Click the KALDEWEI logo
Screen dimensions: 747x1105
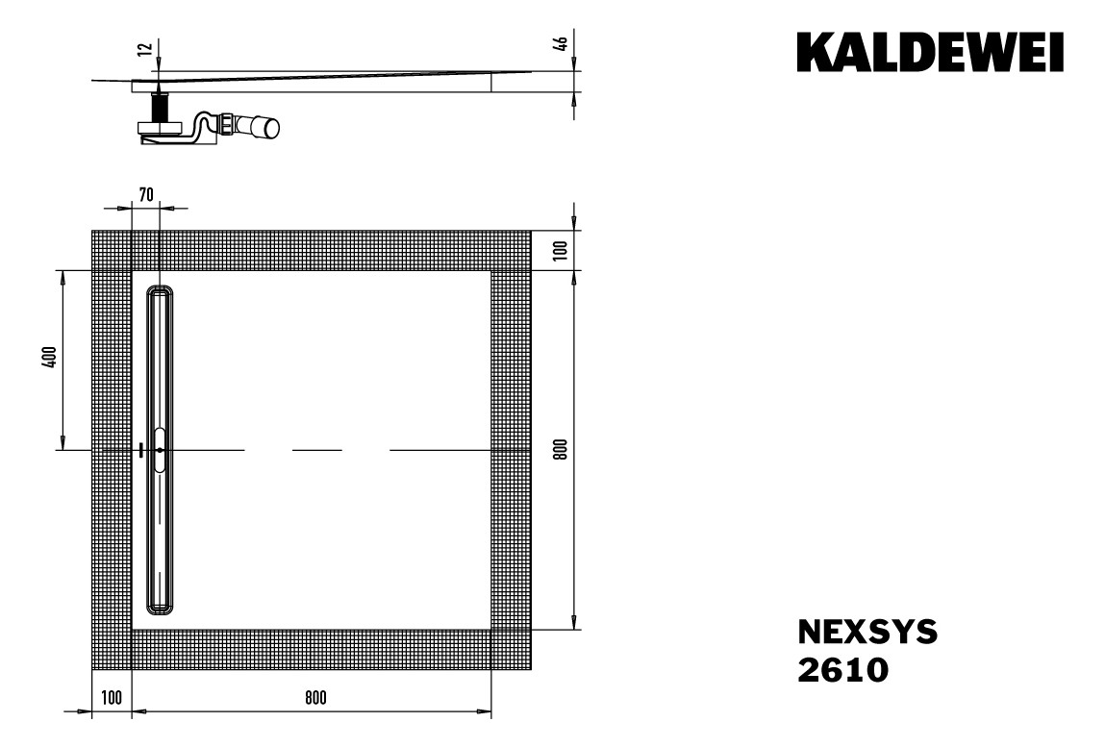click(929, 52)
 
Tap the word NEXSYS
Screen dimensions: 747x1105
click(866, 632)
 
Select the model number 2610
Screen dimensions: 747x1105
click(843, 669)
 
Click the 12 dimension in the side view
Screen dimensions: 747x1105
click(144, 50)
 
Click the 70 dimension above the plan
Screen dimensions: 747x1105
click(145, 194)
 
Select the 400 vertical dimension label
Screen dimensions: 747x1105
click(51, 358)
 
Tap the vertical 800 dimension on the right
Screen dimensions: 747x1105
click(562, 449)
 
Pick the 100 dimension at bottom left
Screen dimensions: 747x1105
click(111, 699)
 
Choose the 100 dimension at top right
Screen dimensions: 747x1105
click(562, 250)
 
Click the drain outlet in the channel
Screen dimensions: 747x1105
click(159, 449)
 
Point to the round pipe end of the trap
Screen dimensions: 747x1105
click(272, 128)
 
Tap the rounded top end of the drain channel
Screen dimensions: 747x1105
click(160, 291)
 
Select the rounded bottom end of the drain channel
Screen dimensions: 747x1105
click(160, 607)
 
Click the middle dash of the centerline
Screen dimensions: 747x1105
click(316, 450)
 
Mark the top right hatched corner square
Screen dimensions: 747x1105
click(511, 250)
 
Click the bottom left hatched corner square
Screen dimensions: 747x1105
click(111, 650)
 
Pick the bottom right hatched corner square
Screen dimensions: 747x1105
click(511, 650)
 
